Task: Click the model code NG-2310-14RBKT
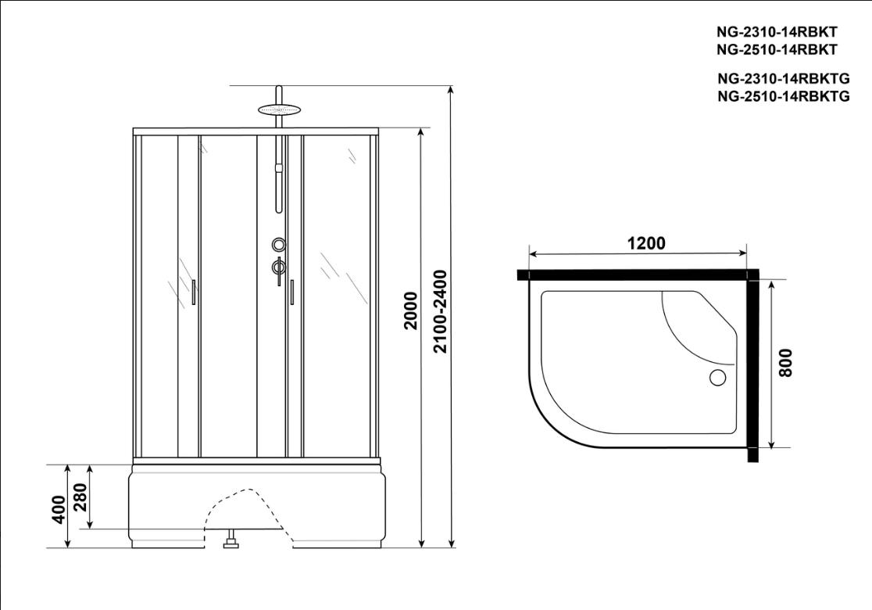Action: point(777,32)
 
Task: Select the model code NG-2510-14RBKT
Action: point(777,49)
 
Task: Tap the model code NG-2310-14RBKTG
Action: point(783,78)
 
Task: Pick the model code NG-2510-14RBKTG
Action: point(783,96)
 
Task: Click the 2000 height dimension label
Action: point(410,310)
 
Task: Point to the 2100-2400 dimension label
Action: point(440,312)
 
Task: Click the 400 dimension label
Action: point(59,509)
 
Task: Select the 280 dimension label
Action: point(80,497)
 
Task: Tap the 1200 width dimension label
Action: point(646,243)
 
